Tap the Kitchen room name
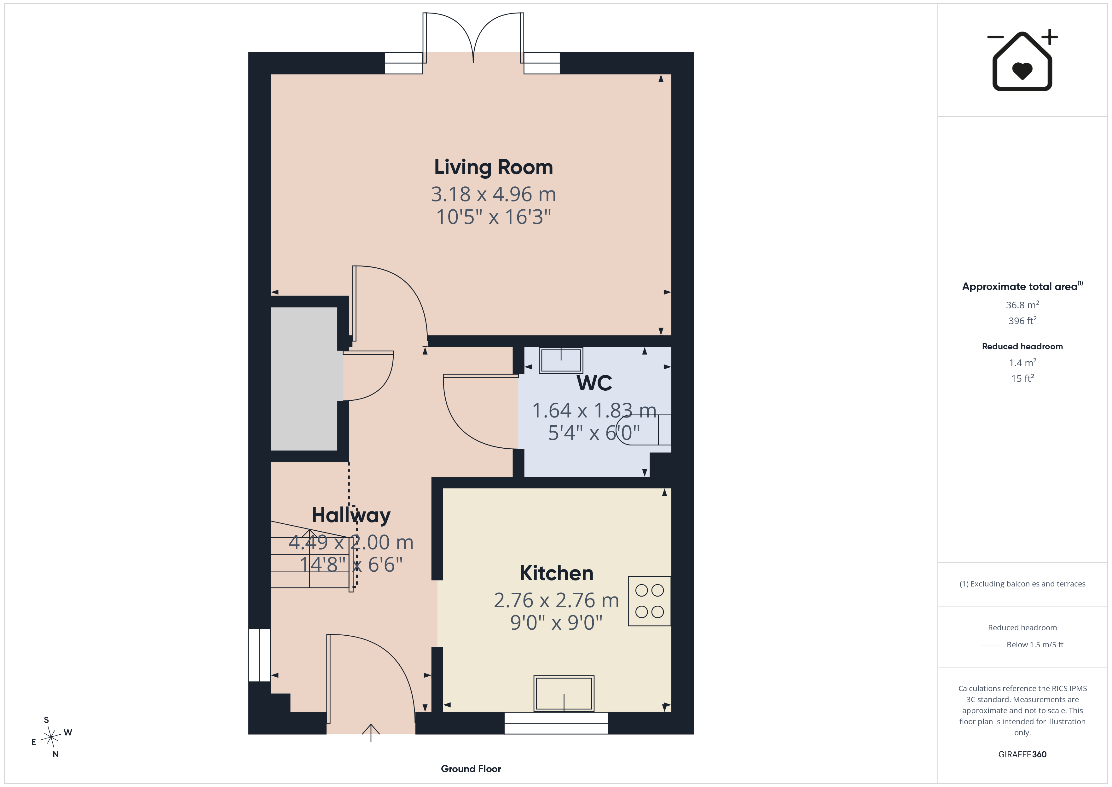point(557,573)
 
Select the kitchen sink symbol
point(564,693)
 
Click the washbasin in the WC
point(561,360)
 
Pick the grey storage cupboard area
point(304,379)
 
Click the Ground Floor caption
point(471,769)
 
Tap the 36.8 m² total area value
point(1022,305)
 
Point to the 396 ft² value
point(1022,321)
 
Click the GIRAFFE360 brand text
point(1022,755)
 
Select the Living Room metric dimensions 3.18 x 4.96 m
point(494,194)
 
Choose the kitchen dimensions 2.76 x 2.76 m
point(557,600)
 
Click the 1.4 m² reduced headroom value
point(1022,363)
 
